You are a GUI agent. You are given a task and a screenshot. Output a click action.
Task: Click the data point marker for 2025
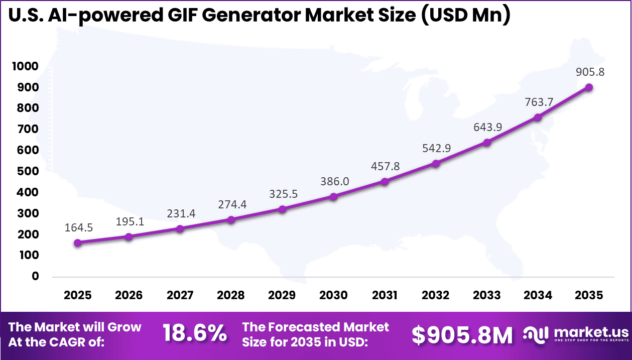click(78, 243)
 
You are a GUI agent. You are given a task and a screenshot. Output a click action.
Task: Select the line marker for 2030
click(334, 197)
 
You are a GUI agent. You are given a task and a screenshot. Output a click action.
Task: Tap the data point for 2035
click(589, 87)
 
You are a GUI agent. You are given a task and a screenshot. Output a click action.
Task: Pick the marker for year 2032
click(436, 164)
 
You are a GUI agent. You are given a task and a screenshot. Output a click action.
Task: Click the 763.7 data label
click(538, 102)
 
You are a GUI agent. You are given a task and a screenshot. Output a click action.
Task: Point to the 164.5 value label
click(78, 227)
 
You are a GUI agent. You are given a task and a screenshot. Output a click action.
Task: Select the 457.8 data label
click(385, 166)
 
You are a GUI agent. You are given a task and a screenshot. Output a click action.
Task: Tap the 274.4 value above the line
click(231, 204)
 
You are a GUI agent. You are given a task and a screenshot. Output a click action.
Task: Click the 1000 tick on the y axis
click(24, 66)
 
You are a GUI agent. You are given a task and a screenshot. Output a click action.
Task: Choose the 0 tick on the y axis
click(35, 276)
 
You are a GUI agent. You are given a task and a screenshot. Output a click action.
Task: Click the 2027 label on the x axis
click(180, 295)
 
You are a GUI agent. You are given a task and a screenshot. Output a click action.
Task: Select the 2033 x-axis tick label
click(487, 295)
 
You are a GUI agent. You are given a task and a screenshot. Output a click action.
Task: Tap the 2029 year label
click(282, 295)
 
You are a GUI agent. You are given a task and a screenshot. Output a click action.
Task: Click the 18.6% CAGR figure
click(195, 334)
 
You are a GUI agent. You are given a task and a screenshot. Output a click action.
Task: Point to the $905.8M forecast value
click(462, 335)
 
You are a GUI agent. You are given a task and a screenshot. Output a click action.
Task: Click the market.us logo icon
click(536, 333)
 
